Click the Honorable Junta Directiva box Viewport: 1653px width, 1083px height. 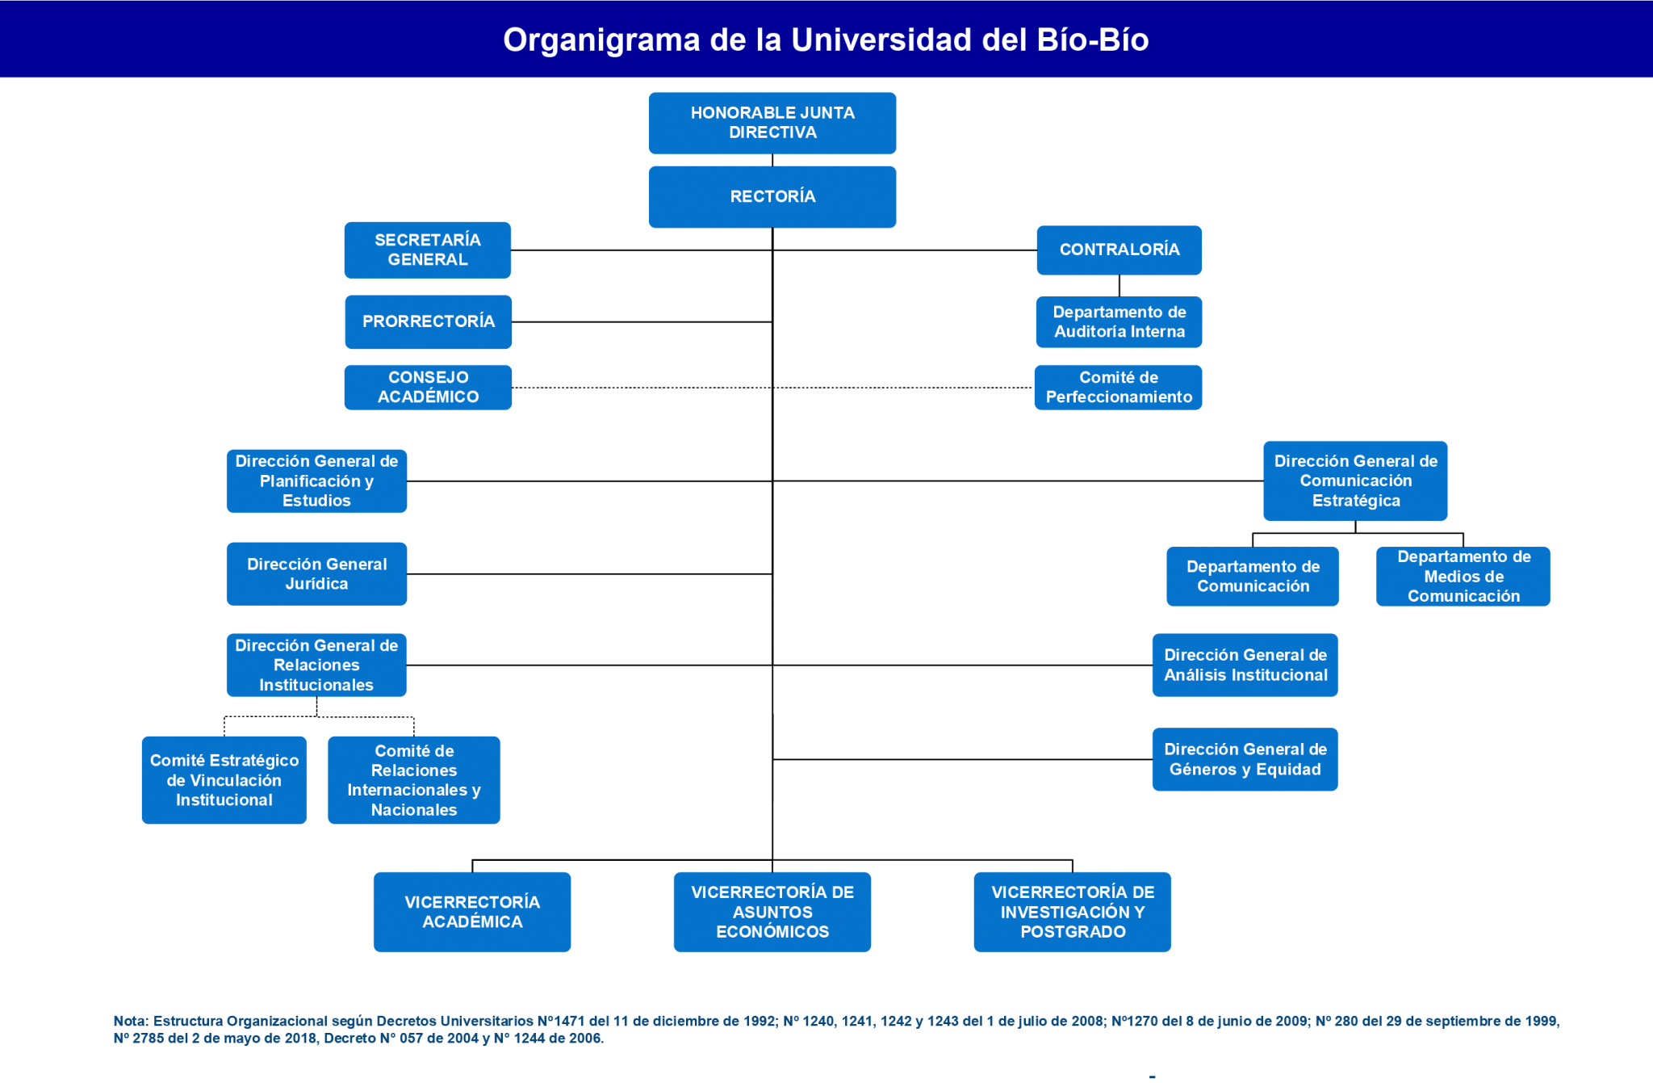coord(772,123)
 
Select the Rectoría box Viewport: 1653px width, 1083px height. coord(772,197)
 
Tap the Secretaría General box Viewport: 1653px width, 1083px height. coord(428,250)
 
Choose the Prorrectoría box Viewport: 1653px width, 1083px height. coord(429,321)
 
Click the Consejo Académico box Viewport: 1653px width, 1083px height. coord(429,388)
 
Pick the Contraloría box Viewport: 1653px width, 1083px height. coord(1119,250)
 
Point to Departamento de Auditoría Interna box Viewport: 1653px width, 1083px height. coord(1119,322)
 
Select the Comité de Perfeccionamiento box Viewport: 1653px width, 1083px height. coord(1119,388)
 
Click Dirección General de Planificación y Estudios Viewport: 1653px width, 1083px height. coord(316,481)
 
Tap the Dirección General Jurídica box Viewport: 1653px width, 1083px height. coord(316,574)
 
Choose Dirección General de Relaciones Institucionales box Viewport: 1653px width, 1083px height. coord(316,665)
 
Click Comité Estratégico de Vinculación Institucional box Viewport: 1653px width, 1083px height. coord(224,780)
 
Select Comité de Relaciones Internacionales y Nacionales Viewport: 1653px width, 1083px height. coord(414,780)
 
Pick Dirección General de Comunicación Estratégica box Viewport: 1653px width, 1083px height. coord(1356,481)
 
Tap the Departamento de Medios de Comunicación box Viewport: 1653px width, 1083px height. coord(1463,577)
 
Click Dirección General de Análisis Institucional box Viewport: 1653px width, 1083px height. coord(1245,665)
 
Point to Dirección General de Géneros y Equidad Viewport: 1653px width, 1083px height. coord(1245,759)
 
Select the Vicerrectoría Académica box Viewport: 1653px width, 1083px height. coord(472,912)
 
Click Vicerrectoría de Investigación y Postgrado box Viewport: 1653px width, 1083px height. coord(1073,912)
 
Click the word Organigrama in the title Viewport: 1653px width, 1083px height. coord(601,40)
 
